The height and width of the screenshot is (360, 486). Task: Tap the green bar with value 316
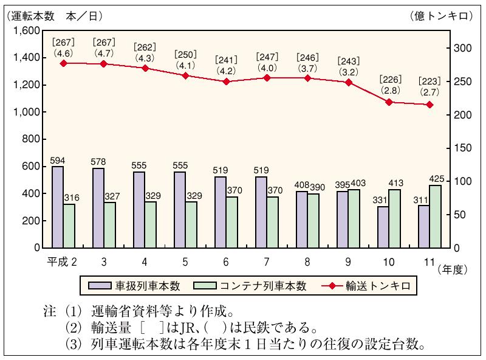[69, 226]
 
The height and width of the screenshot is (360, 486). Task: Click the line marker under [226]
[389, 102]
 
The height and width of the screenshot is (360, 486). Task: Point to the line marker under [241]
[227, 81]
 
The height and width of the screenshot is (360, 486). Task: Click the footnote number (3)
[75, 345]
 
